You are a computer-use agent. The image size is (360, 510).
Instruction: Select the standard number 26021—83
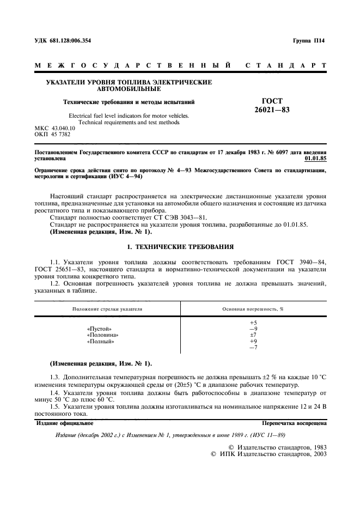272,110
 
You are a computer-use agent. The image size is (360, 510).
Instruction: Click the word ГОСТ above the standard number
272,101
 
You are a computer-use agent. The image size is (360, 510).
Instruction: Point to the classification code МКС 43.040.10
56,129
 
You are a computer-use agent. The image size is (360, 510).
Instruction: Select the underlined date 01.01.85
316,158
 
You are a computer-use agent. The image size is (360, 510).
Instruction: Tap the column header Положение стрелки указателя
107,309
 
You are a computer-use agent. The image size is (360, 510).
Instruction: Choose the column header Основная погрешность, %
253,309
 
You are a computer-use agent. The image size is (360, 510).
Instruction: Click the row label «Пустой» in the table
99,329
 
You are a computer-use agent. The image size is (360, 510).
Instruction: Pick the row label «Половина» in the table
102,335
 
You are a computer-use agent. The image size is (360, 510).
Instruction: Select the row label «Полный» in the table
100,342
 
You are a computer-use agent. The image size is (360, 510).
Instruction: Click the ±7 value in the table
253,335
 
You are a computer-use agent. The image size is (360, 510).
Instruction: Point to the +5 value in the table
253,323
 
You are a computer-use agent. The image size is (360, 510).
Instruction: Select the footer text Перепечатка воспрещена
294,422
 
